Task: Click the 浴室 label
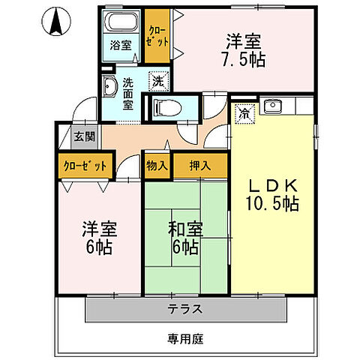[121, 44]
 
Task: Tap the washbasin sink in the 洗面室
[109, 89]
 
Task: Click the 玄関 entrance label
[84, 136]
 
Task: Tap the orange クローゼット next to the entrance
[84, 166]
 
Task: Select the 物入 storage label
[157, 166]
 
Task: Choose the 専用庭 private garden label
[183, 337]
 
